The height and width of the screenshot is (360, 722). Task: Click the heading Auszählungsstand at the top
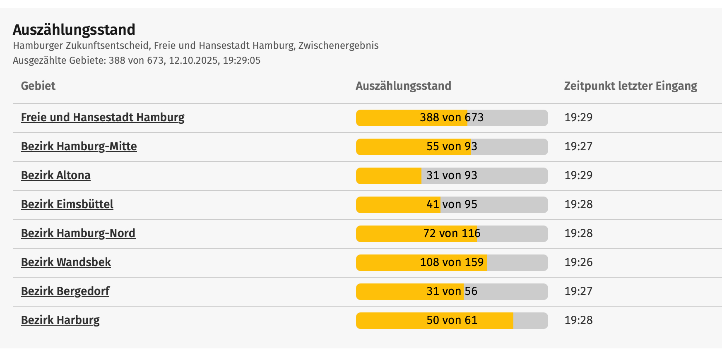pyautogui.click(x=74, y=30)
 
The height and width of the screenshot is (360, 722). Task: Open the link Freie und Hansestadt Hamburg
pyautogui.click(x=103, y=118)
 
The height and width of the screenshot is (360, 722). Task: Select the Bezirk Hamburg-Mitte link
pyautogui.click(x=79, y=146)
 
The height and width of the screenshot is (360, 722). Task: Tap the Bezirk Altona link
pyautogui.click(x=56, y=175)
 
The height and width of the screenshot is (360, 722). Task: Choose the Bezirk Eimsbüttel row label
pyautogui.click(x=67, y=204)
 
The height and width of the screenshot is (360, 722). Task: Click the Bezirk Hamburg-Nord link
pyautogui.click(x=78, y=233)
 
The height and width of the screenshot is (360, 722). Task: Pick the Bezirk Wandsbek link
pyautogui.click(x=66, y=262)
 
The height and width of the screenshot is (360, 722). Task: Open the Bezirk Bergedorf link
pyautogui.click(x=65, y=291)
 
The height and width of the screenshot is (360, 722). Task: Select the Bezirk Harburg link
pyautogui.click(x=60, y=320)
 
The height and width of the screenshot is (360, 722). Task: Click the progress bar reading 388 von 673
pyautogui.click(x=452, y=118)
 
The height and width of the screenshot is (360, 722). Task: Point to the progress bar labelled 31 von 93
pyautogui.click(x=452, y=176)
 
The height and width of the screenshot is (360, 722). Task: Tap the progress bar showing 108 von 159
pyautogui.click(x=452, y=263)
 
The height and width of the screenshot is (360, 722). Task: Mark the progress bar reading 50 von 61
pyautogui.click(x=452, y=321)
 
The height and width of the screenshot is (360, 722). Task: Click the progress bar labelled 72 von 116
pyautogui.click(x=452, y=234)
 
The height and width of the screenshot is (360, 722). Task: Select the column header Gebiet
pyautogui.click(x=38, y=86)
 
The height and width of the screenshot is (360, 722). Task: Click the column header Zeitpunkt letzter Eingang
pyautogui.click(x=631, y=86)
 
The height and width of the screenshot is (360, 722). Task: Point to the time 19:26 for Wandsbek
pyautogui.click(x=578, y=262)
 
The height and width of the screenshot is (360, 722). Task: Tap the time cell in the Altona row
pyautogui.click(x=578, y=175)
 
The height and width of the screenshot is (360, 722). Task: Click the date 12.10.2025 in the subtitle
pyautogui.click(x=193, y=61)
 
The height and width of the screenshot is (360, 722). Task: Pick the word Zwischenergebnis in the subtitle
pyautogui.click(x=338, y=46)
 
